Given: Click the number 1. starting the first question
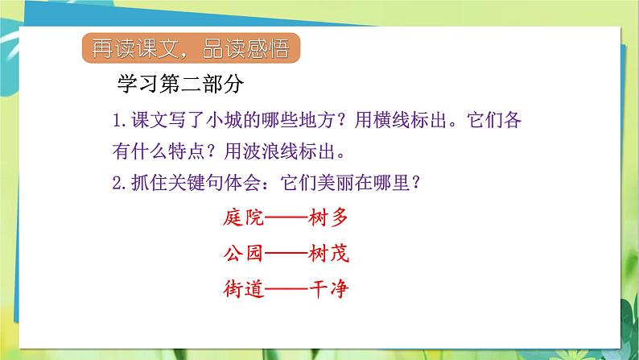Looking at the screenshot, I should coord(121,122).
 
